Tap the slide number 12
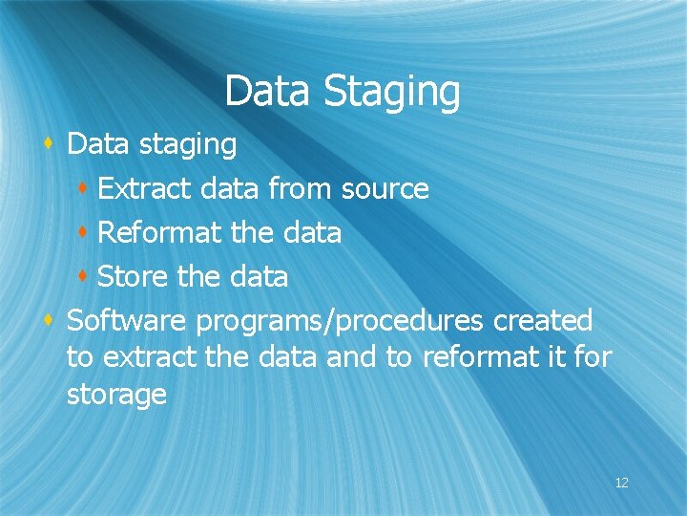tap(621, 484)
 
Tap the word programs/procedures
tap(341, 322)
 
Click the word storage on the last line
tap(116, 396)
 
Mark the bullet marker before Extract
tap(84, 188)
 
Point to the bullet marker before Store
tap(84, 276)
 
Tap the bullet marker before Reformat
tap(84, 232)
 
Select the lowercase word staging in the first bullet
tap(187, 146)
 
